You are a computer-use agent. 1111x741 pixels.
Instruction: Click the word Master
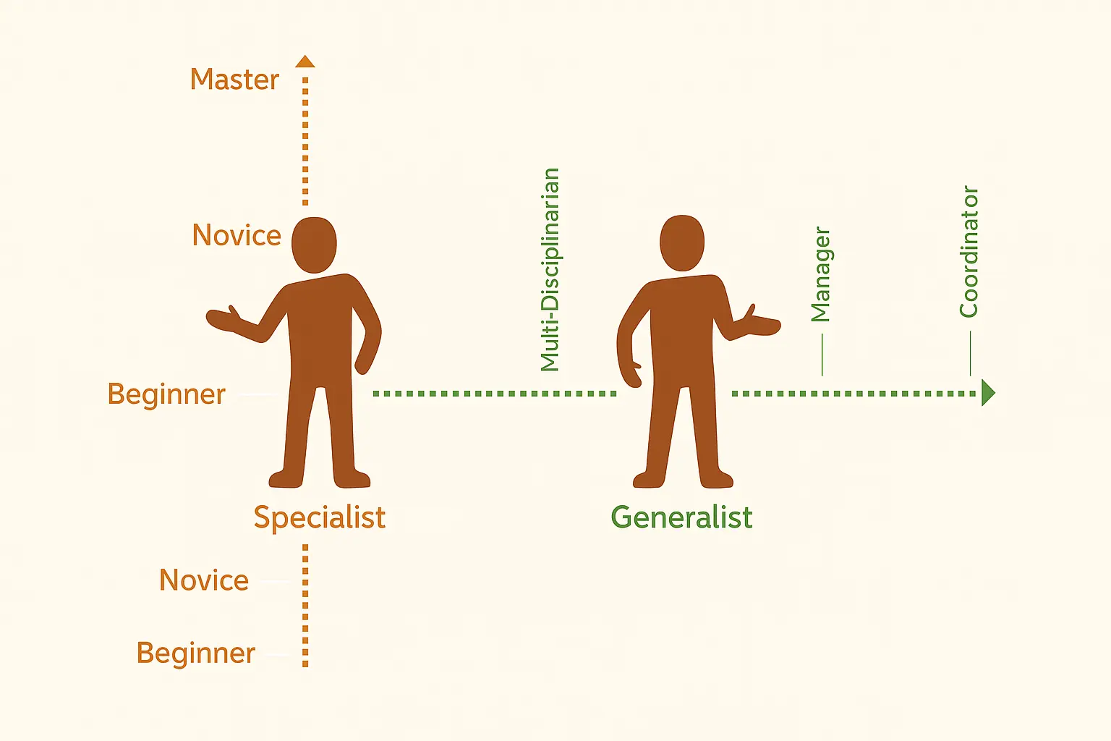point(234,80)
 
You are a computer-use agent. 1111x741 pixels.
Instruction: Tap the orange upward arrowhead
point(305,62)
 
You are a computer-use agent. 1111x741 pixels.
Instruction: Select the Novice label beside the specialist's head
point(237,234)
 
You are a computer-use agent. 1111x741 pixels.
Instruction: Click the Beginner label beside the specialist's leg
point(166,394)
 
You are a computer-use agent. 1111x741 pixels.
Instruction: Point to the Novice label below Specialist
point(204,580)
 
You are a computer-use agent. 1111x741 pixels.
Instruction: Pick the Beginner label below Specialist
point(196,653)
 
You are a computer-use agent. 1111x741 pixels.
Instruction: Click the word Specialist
point(320,517)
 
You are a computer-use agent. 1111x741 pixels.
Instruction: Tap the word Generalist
point(681,517)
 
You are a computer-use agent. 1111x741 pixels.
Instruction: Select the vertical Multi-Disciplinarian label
point(550,269)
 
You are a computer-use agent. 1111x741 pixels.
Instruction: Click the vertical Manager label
point(821,274)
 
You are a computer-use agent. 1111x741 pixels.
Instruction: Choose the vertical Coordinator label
point(969,252)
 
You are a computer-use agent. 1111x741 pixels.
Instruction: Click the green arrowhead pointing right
point(989,393)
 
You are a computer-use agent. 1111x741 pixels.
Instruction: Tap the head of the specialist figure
point(314,245)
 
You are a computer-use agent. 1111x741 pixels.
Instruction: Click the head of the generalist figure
point(682,242)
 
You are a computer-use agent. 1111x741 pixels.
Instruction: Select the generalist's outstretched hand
point(763,322)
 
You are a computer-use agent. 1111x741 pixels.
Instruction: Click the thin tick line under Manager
point(822,355)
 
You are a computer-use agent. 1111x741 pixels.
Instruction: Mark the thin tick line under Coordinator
point(970,353)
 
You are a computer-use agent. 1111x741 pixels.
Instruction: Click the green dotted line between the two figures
point(495,394)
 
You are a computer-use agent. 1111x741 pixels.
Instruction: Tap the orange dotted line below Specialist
point(305,606)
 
